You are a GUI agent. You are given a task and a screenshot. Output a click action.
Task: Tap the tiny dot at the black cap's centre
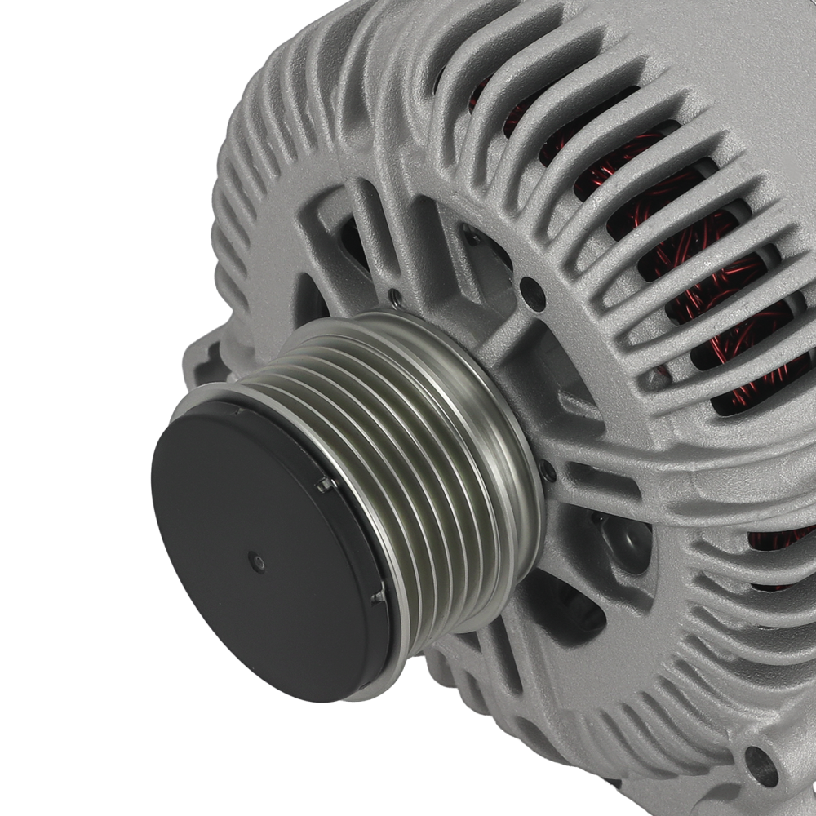[257, 561]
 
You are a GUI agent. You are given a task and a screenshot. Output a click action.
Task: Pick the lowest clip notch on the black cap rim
[378, 597]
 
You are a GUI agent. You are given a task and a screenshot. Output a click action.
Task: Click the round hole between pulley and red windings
[532, 294]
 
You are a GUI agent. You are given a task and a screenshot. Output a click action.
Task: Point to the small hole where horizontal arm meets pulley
[548, 472]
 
